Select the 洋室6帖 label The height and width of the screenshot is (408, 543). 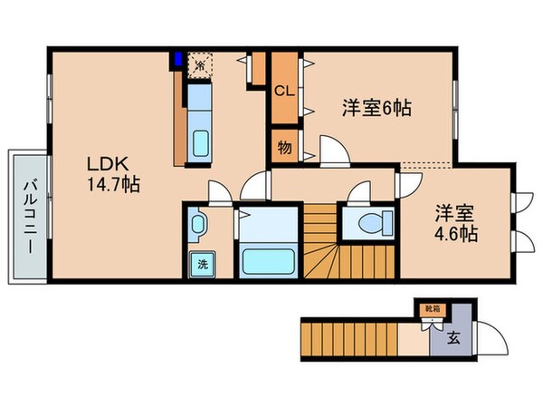pos(376,108)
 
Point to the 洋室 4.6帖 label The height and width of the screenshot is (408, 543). pos(455,222)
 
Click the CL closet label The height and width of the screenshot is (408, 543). pos(283,91)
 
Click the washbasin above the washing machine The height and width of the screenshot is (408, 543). pos(197,224)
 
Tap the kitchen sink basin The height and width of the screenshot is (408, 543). pos(201,142)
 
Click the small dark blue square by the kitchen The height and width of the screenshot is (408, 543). pos(178,63)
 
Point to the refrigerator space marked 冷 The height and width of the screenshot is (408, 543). pos(200,64)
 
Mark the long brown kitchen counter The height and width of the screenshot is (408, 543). pos(178,118)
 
